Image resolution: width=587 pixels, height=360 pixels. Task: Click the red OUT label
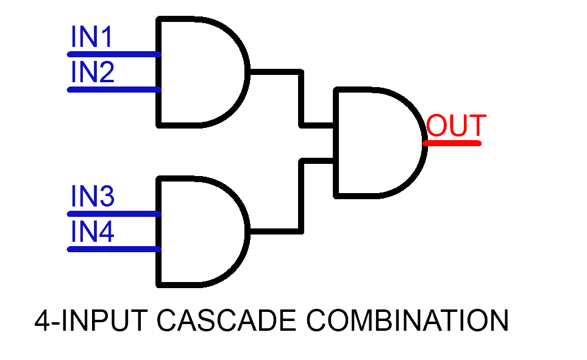[456, 126]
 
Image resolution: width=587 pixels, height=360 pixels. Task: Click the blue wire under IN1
[113, 54]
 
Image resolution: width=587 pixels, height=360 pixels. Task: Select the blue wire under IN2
[113, 90]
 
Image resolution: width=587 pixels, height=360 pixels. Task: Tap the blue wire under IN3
[113, 214]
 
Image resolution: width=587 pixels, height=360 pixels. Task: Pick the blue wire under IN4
[113, 249]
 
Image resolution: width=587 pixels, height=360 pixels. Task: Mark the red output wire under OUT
[452, 143]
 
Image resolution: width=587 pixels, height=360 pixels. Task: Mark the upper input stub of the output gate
[317, 126]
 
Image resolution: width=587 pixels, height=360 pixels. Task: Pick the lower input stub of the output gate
[317, 161]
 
